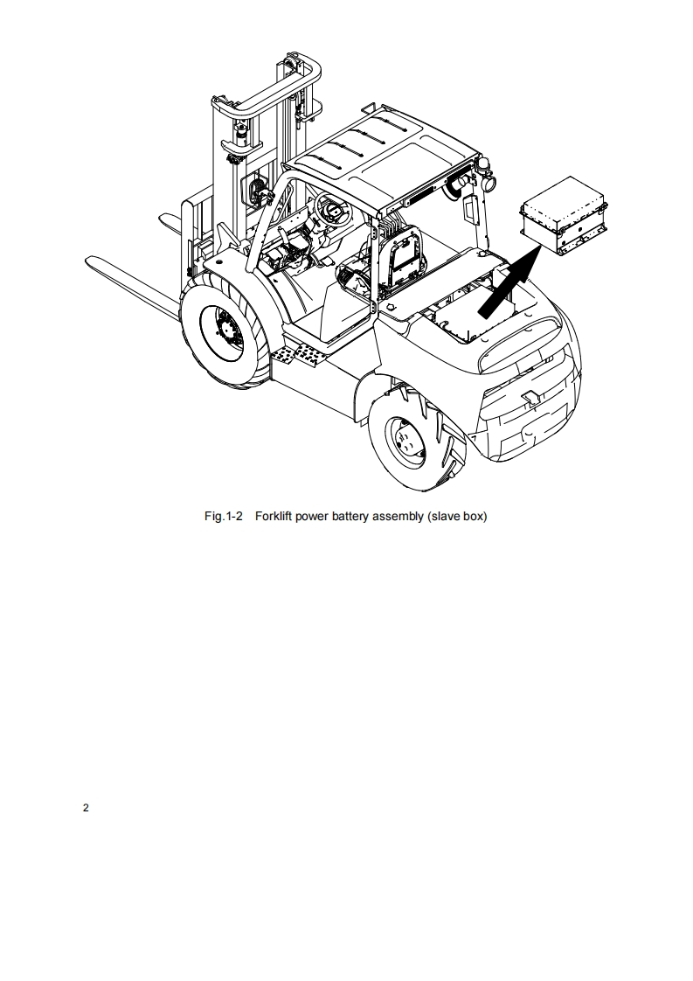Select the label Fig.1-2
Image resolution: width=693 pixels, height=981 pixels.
coord(223,516)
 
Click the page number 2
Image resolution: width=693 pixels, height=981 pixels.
coord(86,808)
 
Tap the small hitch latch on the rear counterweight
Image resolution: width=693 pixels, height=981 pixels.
coord(530,397)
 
